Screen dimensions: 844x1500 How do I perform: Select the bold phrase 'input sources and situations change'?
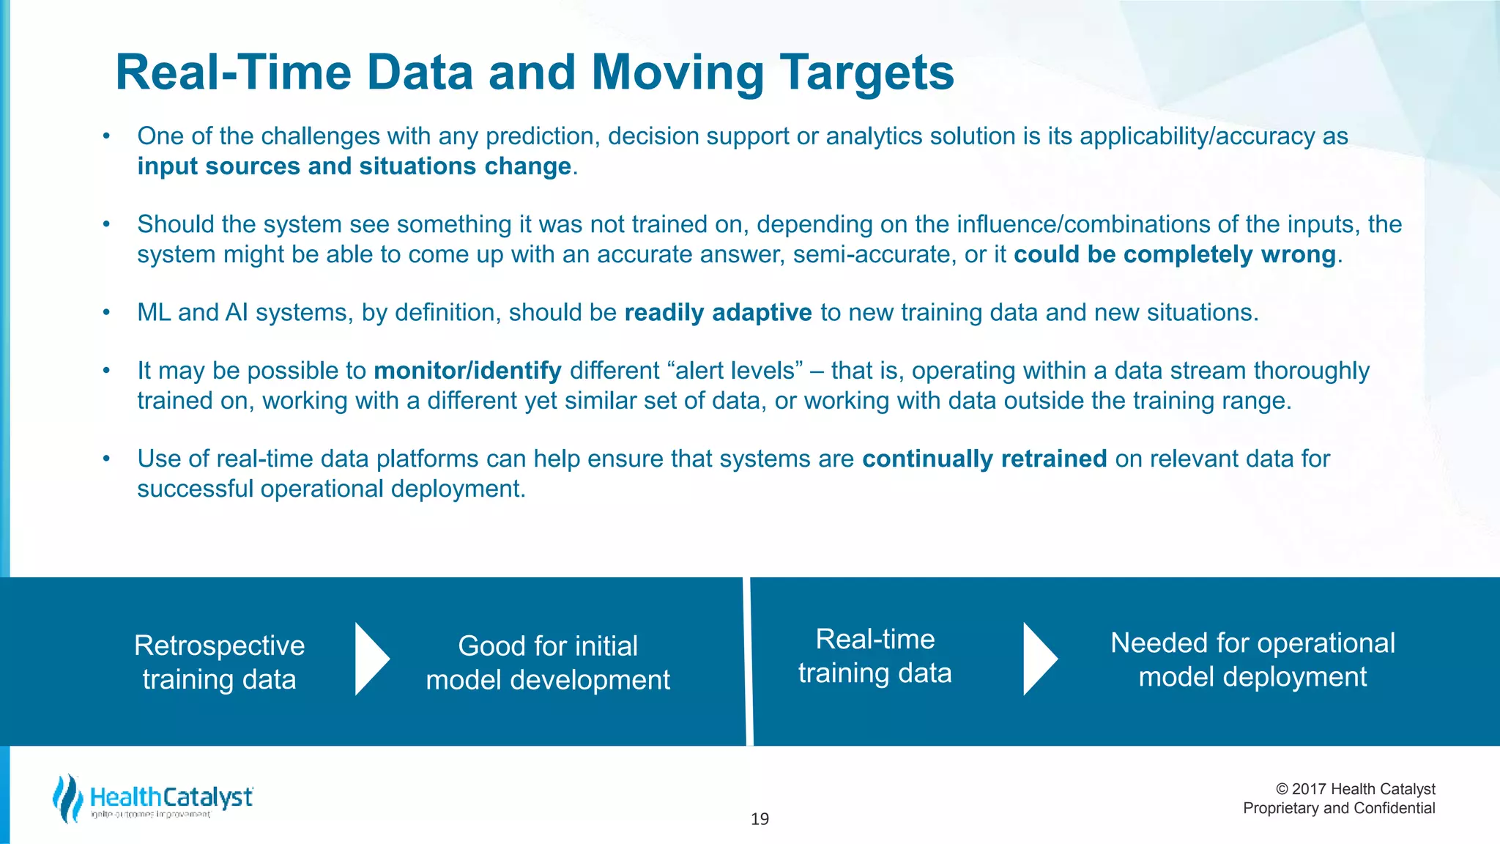(354, 166)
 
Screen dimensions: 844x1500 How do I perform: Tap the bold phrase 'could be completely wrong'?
(1175, 254)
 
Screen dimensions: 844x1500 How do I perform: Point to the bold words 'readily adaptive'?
(718, 313)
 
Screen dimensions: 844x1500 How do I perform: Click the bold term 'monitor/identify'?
(467, 371)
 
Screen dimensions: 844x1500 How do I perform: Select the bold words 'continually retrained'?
(984, 459)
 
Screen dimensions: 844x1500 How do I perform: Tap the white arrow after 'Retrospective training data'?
(371, 659)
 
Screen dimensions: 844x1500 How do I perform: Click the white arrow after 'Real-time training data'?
(1039, 659)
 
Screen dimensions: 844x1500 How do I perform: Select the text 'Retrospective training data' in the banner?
(219, 662)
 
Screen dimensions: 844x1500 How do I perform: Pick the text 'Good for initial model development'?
(548, 662)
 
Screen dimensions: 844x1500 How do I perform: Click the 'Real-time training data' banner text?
(875, 656)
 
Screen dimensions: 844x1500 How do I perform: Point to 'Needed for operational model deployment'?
(1252, 659)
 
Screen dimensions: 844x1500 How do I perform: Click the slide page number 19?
(760, 819)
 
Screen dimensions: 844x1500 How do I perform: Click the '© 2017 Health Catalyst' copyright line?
(1355, 789)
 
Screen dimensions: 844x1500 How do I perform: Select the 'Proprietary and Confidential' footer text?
(1339, 808)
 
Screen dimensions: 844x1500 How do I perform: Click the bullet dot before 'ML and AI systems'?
(106, 313)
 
